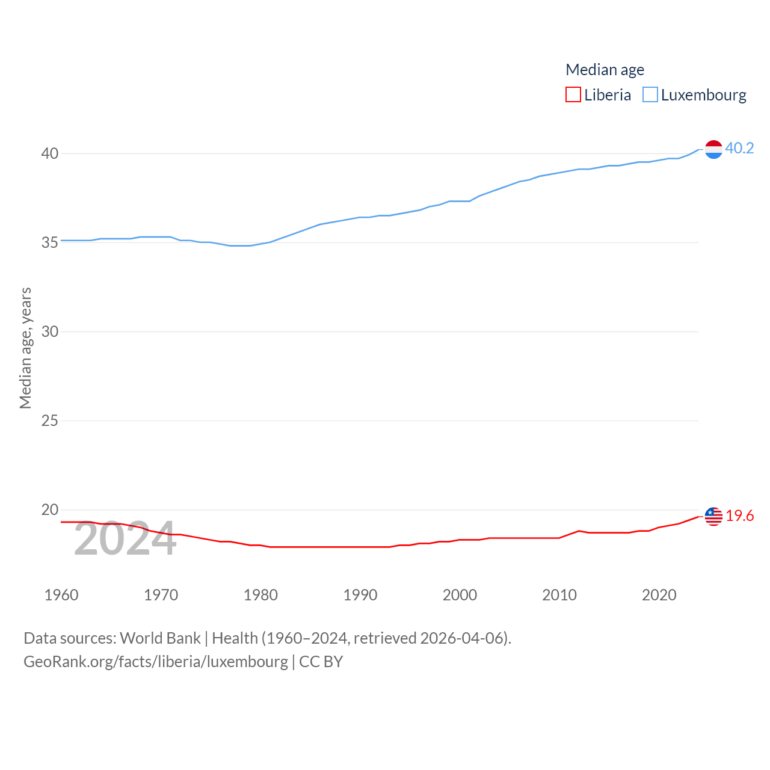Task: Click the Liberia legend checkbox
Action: tap(573, 95)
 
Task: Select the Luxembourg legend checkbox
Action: tap(650, 95)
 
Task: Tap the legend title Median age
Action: tap(605, 70)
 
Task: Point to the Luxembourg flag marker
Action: tap(713, 149)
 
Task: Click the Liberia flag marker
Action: tap(713, 516)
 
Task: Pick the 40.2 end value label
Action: tap(739, 148)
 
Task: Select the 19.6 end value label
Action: tap(739, 516)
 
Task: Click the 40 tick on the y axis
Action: tap(50, 153)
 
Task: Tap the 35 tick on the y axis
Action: tap(50, 242)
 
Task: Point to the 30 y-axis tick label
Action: tap(50, 331)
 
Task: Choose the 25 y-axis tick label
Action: tap(50, 420)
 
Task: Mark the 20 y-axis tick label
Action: tap(50, 510)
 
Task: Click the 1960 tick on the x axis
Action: tap(61, 595)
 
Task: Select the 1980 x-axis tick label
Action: tap(260, 595)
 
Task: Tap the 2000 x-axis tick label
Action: tap(460, 595)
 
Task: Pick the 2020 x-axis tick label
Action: tap(659, 595)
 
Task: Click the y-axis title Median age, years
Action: tap(25, 348)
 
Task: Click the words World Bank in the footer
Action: tap(160, 638)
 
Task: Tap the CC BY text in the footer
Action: tap(321, 662)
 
